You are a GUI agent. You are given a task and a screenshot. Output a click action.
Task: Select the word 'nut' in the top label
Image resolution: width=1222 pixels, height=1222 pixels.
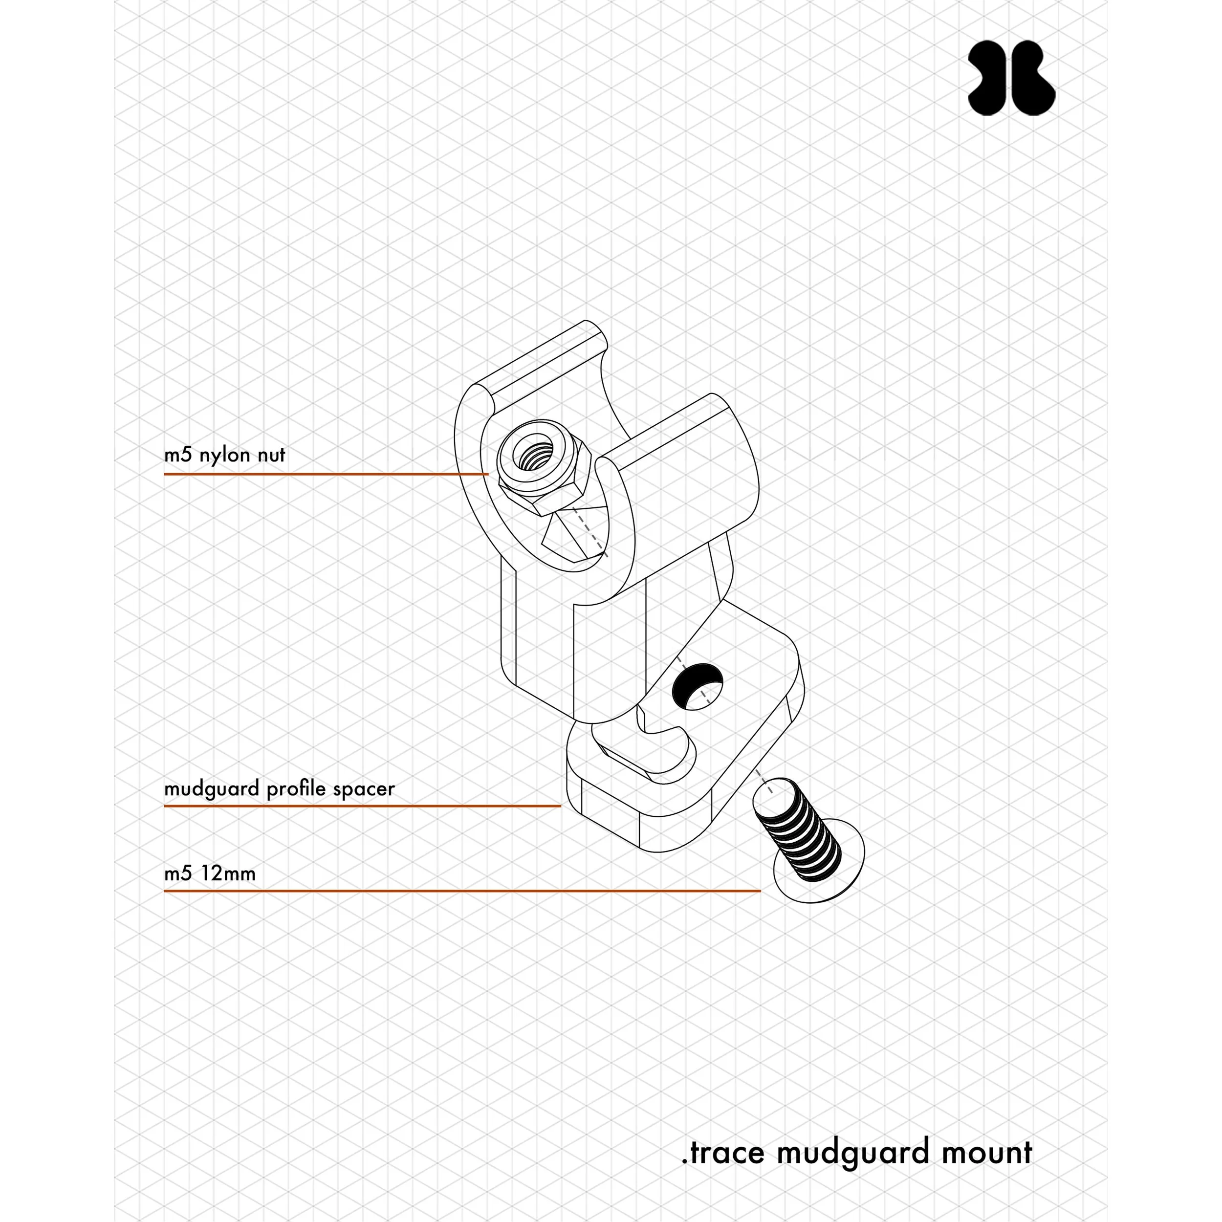271,456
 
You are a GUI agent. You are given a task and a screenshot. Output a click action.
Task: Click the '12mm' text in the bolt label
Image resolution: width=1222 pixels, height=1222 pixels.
228,874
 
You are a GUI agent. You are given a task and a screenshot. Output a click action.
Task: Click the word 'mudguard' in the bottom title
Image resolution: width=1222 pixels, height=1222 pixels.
853,1153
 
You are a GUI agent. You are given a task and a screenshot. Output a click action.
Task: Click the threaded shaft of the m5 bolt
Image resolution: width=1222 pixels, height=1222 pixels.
798,829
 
